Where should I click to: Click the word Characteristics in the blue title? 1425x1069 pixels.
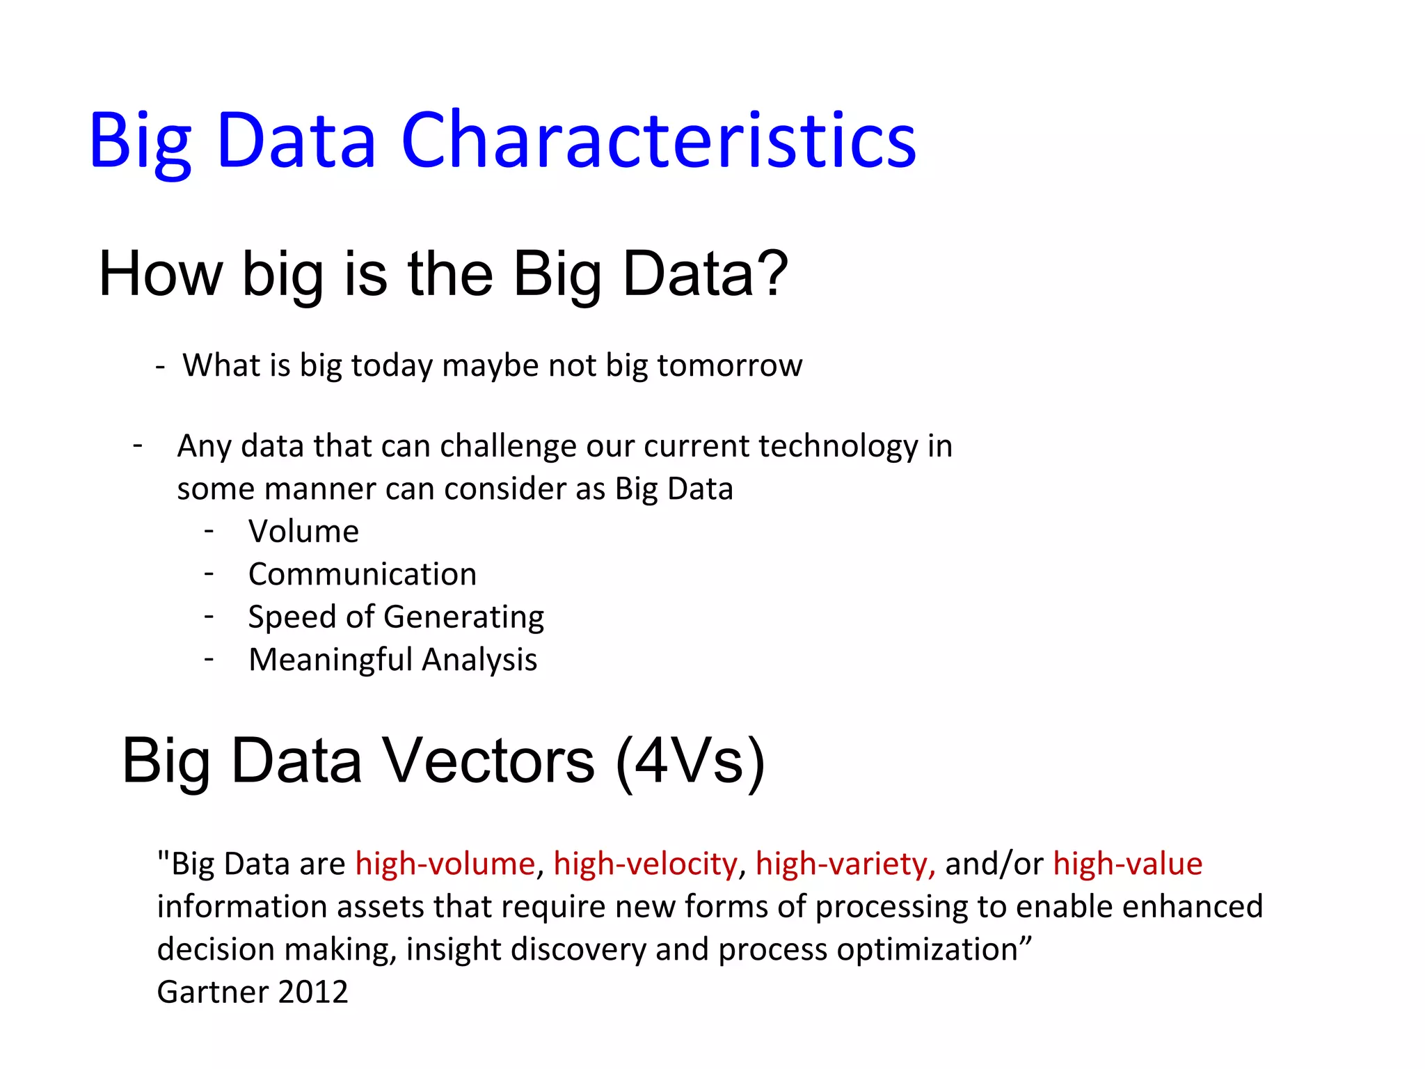pyautogui.click(x=658, y=141)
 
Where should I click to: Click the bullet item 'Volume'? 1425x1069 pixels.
pyautogui.click(x=303, y=532)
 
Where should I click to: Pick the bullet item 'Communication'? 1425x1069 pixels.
pyautogui.click(x=363, y=574)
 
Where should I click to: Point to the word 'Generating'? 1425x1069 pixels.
pyautogui.click(x=463, y=617)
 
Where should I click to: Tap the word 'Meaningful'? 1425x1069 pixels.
pyautogui.click(x=331, y=660)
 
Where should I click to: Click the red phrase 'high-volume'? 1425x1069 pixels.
pyautogui.click(x=445, y=864)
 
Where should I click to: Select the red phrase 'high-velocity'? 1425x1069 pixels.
pyautogui.click(x=645, y=864)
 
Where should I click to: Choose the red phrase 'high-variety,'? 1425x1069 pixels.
pyautogui.click(x=845, y=864)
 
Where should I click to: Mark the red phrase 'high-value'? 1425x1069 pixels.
pyautogui.click(x=1127, y=864)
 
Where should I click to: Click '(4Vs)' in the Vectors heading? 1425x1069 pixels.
pyautogui.click(x=690, y=761)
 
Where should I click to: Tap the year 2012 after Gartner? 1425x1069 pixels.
pyautogui.click(x=312, y=992)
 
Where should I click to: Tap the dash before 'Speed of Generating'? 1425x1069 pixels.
pyautogui.click(x=209, y=617)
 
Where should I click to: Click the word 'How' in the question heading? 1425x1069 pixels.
pyautogui.click(x=160, y=274)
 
